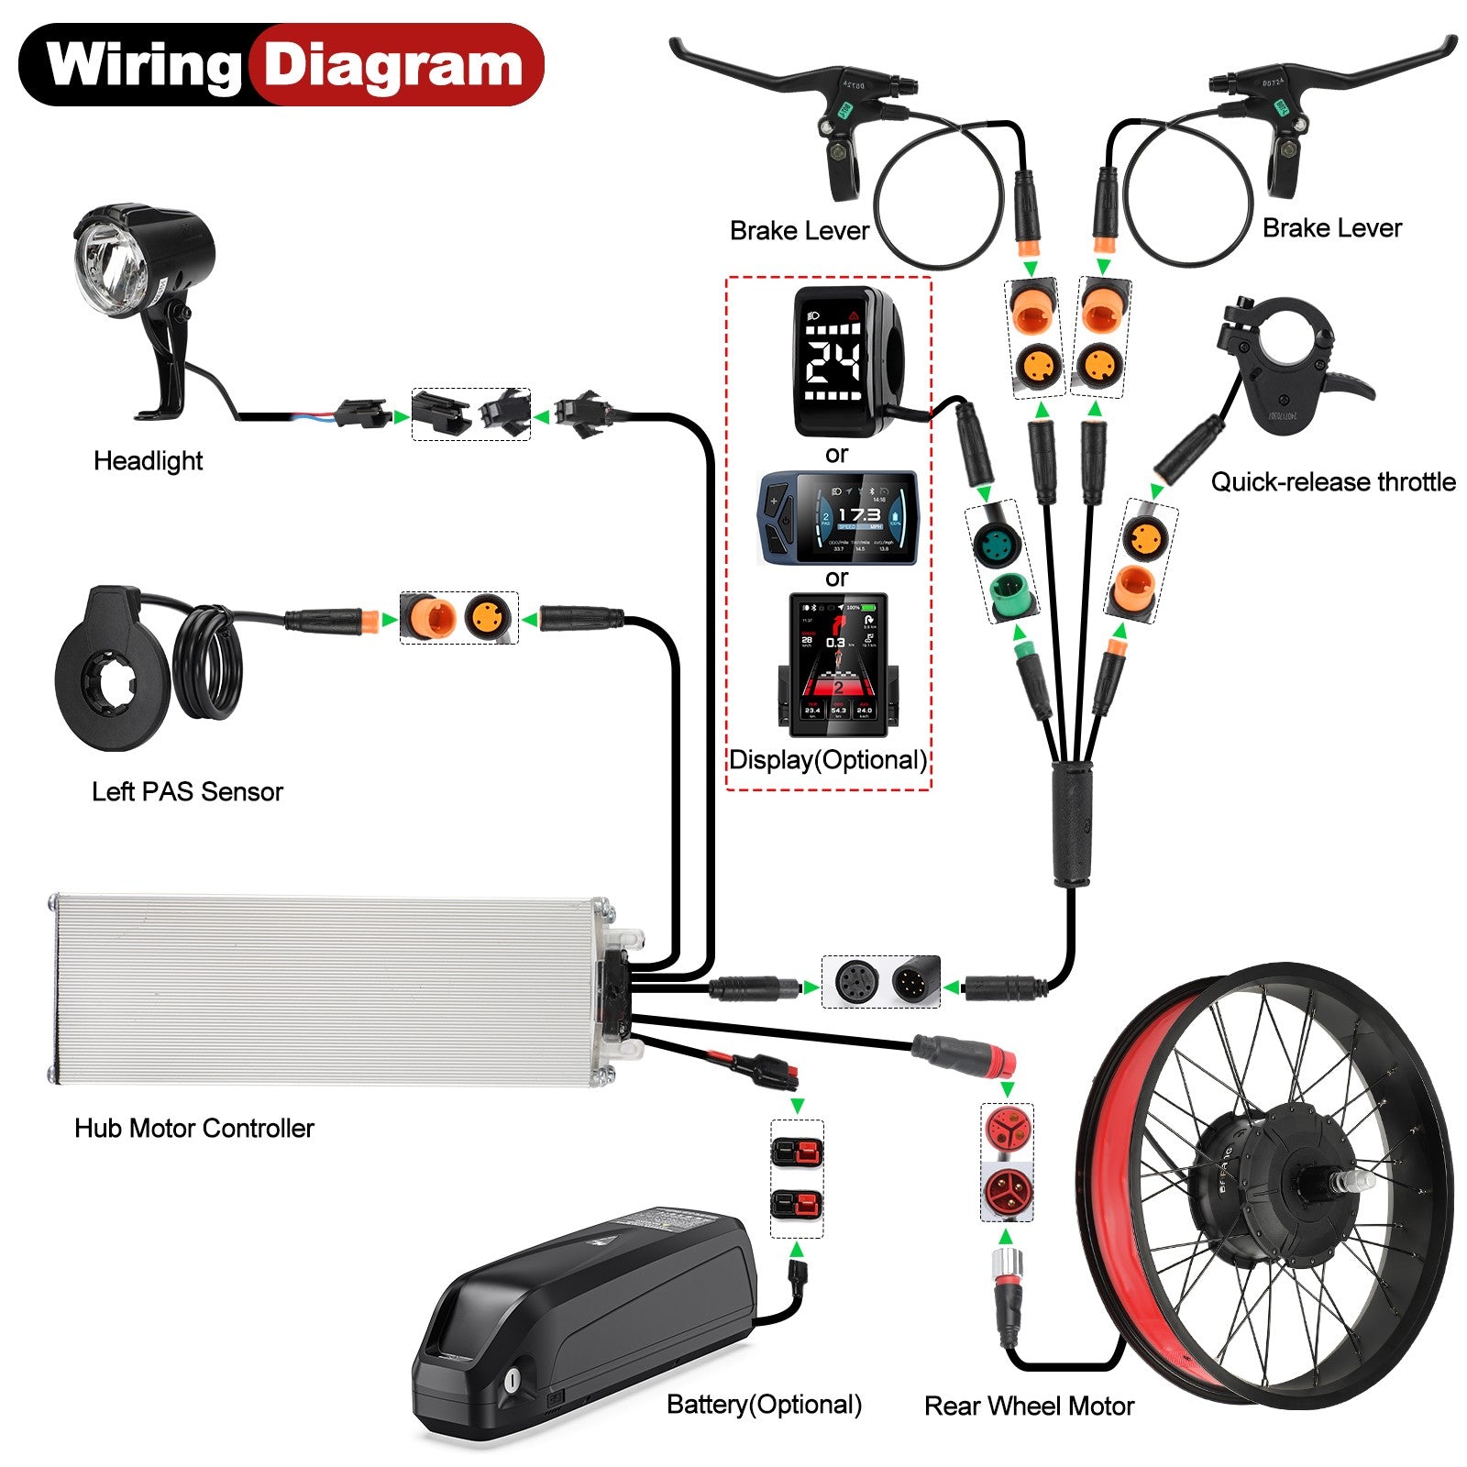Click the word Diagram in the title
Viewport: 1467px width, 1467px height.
392,66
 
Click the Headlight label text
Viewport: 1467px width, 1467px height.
148,460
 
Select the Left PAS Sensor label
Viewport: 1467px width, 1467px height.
187,791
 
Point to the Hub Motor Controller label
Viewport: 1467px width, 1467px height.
193,1128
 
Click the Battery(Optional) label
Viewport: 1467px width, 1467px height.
764,1404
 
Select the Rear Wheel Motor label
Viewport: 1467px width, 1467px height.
1029,1406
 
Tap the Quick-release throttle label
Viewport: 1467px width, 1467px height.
1332,481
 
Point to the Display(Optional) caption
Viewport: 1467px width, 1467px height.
827,759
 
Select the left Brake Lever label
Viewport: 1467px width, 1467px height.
799,230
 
